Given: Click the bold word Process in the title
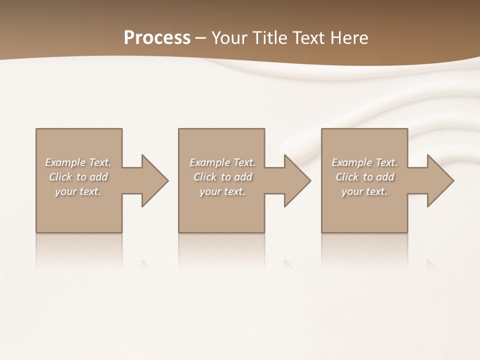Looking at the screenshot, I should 157,37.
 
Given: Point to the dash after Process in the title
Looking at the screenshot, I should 201,38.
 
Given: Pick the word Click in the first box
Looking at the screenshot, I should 60,177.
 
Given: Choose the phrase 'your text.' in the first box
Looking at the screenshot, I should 78,191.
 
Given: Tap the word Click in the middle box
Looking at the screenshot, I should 205,177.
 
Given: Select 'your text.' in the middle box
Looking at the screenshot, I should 222,191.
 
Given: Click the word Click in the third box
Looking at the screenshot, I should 347,177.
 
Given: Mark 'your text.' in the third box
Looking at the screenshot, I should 364,191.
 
